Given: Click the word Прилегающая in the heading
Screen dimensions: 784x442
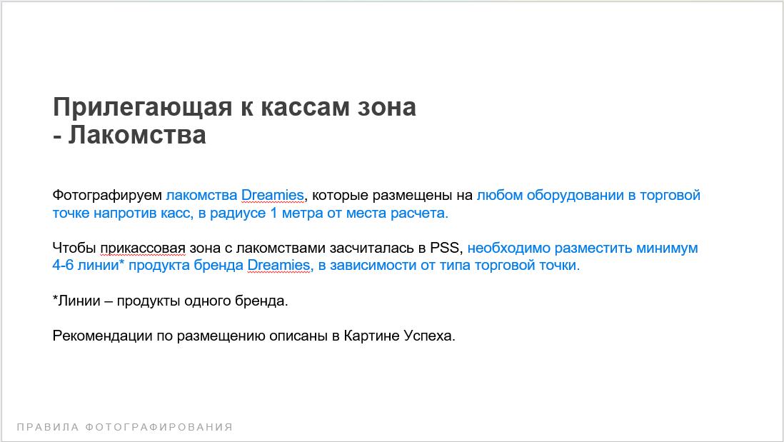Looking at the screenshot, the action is click(143, 108).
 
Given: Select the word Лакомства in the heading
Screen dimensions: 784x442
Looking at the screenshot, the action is click(137, 135).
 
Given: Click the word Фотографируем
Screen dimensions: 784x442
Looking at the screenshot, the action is click(107, 196).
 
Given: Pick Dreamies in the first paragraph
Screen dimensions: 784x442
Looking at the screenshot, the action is click(273, 195).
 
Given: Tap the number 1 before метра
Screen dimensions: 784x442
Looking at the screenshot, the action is click(273, 213).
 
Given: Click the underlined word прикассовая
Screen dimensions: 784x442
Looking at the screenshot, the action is click(143, 248).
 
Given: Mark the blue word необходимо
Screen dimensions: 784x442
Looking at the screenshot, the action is click(509, 248).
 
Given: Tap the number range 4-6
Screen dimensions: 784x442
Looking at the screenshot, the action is click(63, 265).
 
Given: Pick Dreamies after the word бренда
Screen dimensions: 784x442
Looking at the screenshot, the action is click(279, 265).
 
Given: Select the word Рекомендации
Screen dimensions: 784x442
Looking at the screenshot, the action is click(103, 336).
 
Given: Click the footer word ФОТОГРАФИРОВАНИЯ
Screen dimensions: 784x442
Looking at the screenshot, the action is click(159, 428).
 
